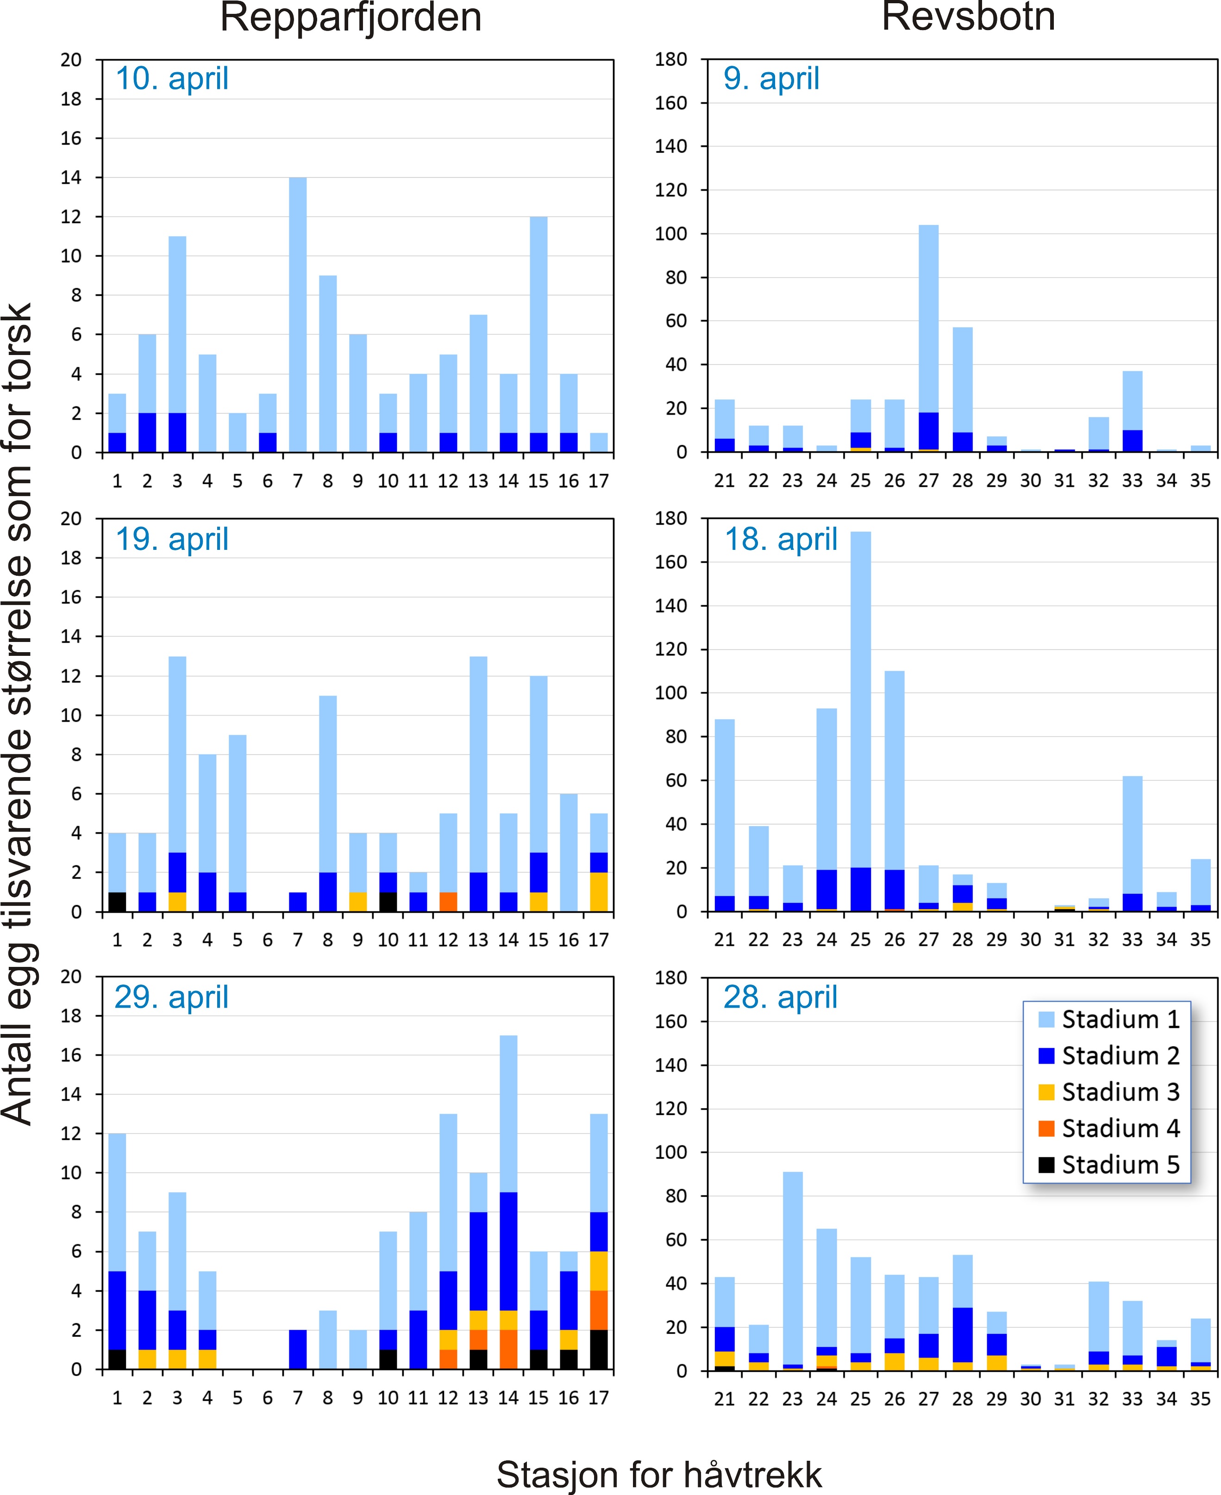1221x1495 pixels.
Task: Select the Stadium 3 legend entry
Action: point(1108,1092)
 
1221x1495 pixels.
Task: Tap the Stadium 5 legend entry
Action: point(1108,1165)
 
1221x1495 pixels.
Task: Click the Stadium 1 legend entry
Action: point(1108,1020)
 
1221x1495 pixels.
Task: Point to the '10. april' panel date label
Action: point(172,79)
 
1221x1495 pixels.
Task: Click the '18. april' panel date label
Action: point(781,540)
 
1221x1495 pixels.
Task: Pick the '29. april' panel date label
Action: point(172,998)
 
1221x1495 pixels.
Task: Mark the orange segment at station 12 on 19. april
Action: point(448,902)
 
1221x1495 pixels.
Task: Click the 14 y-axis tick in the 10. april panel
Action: point(71,178)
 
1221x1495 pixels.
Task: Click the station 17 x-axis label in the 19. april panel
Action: point(599,940)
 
